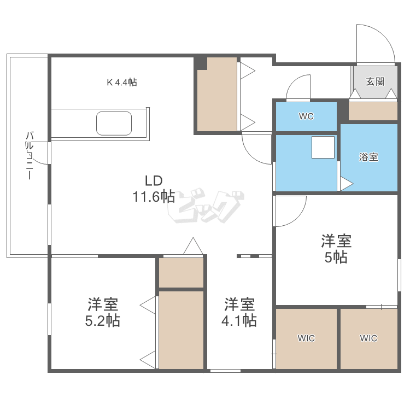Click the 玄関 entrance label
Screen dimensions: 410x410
pyautogui.click(x=375, y=81)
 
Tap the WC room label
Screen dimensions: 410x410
pyautogui.click(x=306, y=116)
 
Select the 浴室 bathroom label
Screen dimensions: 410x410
pyautogui.click(x=368, y=157)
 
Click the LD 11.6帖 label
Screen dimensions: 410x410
pyautogui.click(x=154, y=189)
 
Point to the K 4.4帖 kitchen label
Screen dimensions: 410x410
pyautogui.click(x=122, y=83)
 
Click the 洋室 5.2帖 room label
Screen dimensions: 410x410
pyautogui.click(x=103, y=312)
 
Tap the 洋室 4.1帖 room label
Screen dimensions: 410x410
pyautogui.click(x=239, y=312)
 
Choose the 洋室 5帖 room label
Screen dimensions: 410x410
pyautogui.click(x=336, y=249)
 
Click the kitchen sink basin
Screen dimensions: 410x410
pyautogui.click(x=114, y=124)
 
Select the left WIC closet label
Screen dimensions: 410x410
pyautogui.click(x=306, y=338)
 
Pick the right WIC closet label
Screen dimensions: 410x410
pyautogui.click(x=368, y=338)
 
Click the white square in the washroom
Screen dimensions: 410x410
pyautogui.click(x=323, y=147)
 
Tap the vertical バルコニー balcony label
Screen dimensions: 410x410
pyautogui.click(x=30, y=156)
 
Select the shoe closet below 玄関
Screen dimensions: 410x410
pyautogui.click(x=373, y=111)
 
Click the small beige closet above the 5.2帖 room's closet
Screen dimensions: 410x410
pyautogui.click(x=181, y=272)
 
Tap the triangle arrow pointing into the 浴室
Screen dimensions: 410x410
pyautogui.click(x=347, y=184)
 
